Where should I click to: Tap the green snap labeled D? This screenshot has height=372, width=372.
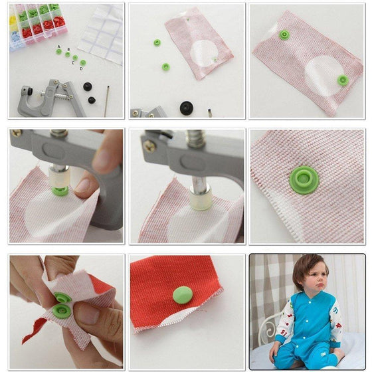click(x=82, y=62)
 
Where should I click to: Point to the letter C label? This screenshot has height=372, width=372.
click(x=73, y=62)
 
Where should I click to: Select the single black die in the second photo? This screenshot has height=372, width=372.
click(x=186, y=107)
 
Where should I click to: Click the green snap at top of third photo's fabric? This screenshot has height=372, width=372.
click(x=284, y=35)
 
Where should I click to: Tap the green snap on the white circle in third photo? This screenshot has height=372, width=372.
click(x=343, y=80)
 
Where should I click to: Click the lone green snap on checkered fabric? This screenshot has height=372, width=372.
click(x=304, y=179)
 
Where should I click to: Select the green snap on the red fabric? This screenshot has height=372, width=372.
click(x=182, y=294)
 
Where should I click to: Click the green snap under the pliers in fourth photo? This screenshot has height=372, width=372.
click(x=60, y=191)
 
